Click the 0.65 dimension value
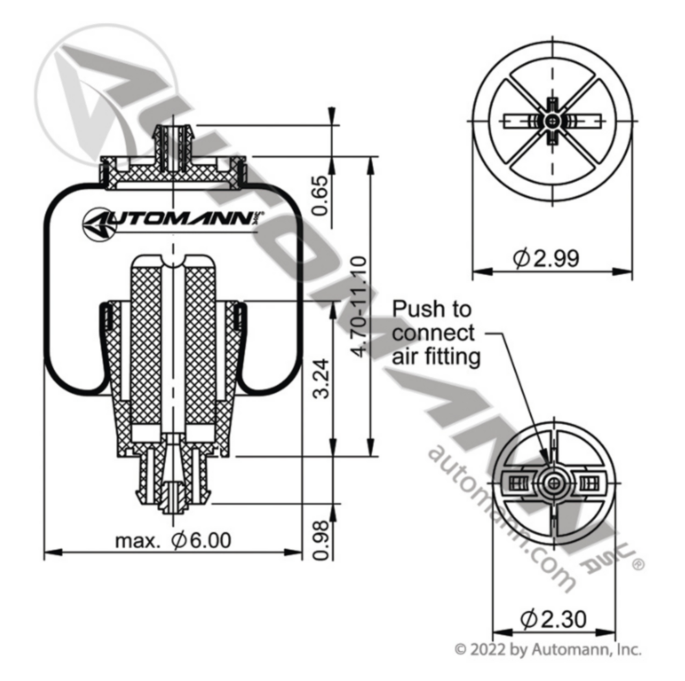point(320,195)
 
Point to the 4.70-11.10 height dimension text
point(360,307)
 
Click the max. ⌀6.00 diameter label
point(173,541)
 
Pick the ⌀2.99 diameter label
point(546,258)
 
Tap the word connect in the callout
point(433,333)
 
